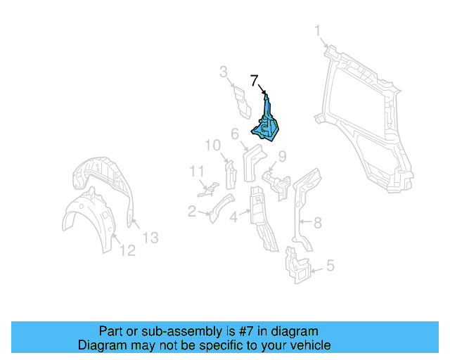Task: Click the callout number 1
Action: pos(318,31)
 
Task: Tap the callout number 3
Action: pos(223,71)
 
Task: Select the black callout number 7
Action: pos(255,80)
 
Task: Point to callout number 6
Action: pos(234,133)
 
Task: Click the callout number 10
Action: pos(212,146)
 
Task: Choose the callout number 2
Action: pos(191,210)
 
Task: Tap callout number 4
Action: pos(233,217)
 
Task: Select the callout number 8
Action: pos(317,223)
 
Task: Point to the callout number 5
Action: pos(330,266)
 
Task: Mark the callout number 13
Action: pos(150,238)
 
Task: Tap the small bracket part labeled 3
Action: pos(240,103)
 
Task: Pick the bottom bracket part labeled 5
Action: pos(296,267)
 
